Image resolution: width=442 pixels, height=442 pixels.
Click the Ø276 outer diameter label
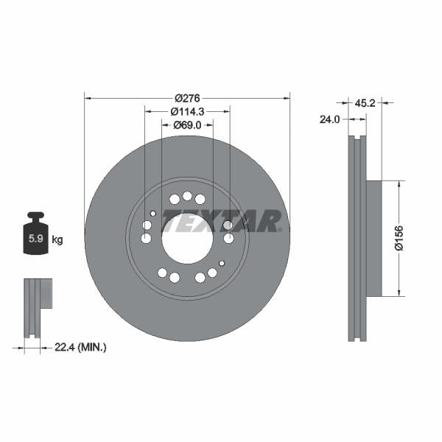pos(187,97)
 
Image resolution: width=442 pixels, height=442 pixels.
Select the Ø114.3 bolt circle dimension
pos(187,111)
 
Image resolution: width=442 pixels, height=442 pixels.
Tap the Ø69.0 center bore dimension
pos(187,125)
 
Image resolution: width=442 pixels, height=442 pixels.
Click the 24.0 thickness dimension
pos(329,119)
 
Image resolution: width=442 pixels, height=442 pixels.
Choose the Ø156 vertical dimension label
pos(399,239)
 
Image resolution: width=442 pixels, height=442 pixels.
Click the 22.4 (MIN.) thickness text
pos(81,347)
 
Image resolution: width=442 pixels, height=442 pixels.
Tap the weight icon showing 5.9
pos(35,235)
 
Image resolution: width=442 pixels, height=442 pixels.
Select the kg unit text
pos(57,239)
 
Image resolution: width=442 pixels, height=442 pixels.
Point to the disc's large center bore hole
pos(187,238)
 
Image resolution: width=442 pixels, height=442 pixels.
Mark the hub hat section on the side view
pos(373,239)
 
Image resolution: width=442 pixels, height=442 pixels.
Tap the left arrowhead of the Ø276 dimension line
pos(88,97)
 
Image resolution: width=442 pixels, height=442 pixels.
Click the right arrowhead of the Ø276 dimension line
pos(287,97)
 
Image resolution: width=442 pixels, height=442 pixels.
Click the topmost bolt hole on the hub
pos(187,196)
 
